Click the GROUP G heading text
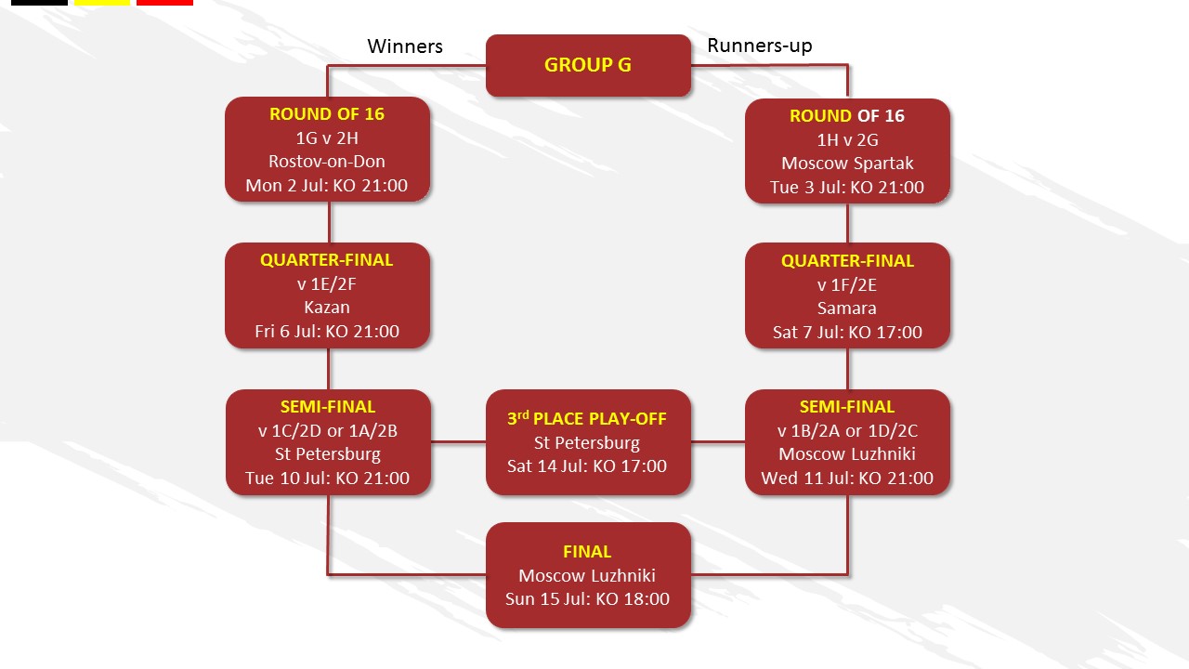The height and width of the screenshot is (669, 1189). coord(588,65)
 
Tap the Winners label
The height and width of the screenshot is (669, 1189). coord(405,46)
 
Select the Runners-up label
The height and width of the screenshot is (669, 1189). coord(760,46)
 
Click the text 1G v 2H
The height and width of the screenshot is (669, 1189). coord(327,138)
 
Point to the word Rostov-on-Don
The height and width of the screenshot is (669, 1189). coord(327,162)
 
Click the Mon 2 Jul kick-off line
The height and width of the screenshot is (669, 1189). coord(326,185)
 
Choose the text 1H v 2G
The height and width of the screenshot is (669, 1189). coord(847,139)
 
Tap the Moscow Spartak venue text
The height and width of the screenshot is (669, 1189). coord(847,163)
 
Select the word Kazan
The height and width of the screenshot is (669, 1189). coord(327,307)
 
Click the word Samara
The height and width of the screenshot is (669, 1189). coord(846,308)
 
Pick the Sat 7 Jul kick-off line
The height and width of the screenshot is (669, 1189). coord(847,332)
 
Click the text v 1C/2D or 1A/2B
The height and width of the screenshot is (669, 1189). coord(328,430)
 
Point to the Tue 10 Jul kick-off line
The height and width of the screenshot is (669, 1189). coord(327,478)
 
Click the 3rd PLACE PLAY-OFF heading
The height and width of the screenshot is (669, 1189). coord(586,418)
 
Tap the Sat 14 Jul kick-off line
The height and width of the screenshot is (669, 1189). coord(586,466)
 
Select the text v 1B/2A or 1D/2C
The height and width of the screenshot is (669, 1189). coord(847,430)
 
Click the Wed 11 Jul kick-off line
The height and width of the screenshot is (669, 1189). coord(847,478)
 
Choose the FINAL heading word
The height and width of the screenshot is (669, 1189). coord(587,552)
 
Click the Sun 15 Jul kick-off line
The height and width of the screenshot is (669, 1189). coord(587,599)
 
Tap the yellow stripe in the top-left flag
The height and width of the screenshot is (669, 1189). coord(102,2)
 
